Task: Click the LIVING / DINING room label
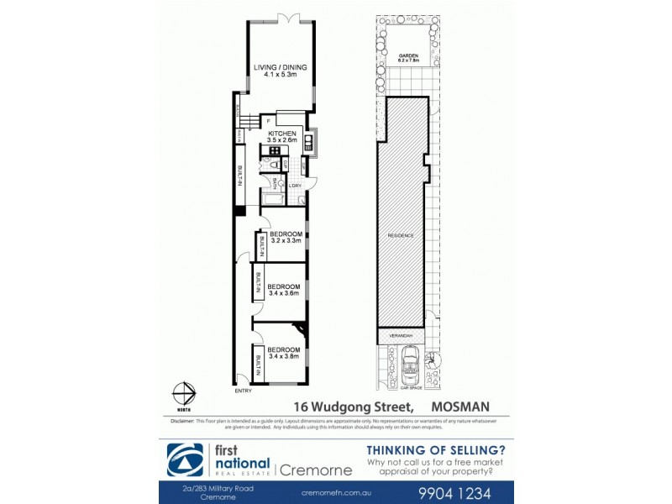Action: click(x=281, y=69)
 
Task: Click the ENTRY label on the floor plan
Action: click(x=244, y=391)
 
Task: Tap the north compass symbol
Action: click(x=184, y=392)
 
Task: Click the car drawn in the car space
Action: click(x=411, y=368)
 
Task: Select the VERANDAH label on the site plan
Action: click(x=402, y=334)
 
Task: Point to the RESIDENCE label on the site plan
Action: click(x=402, y=235)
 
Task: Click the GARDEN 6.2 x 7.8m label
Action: click(x=409, y=58)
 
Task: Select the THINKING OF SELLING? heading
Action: click(x=435, y=449)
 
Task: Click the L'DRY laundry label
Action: click(x=296, y=186)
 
